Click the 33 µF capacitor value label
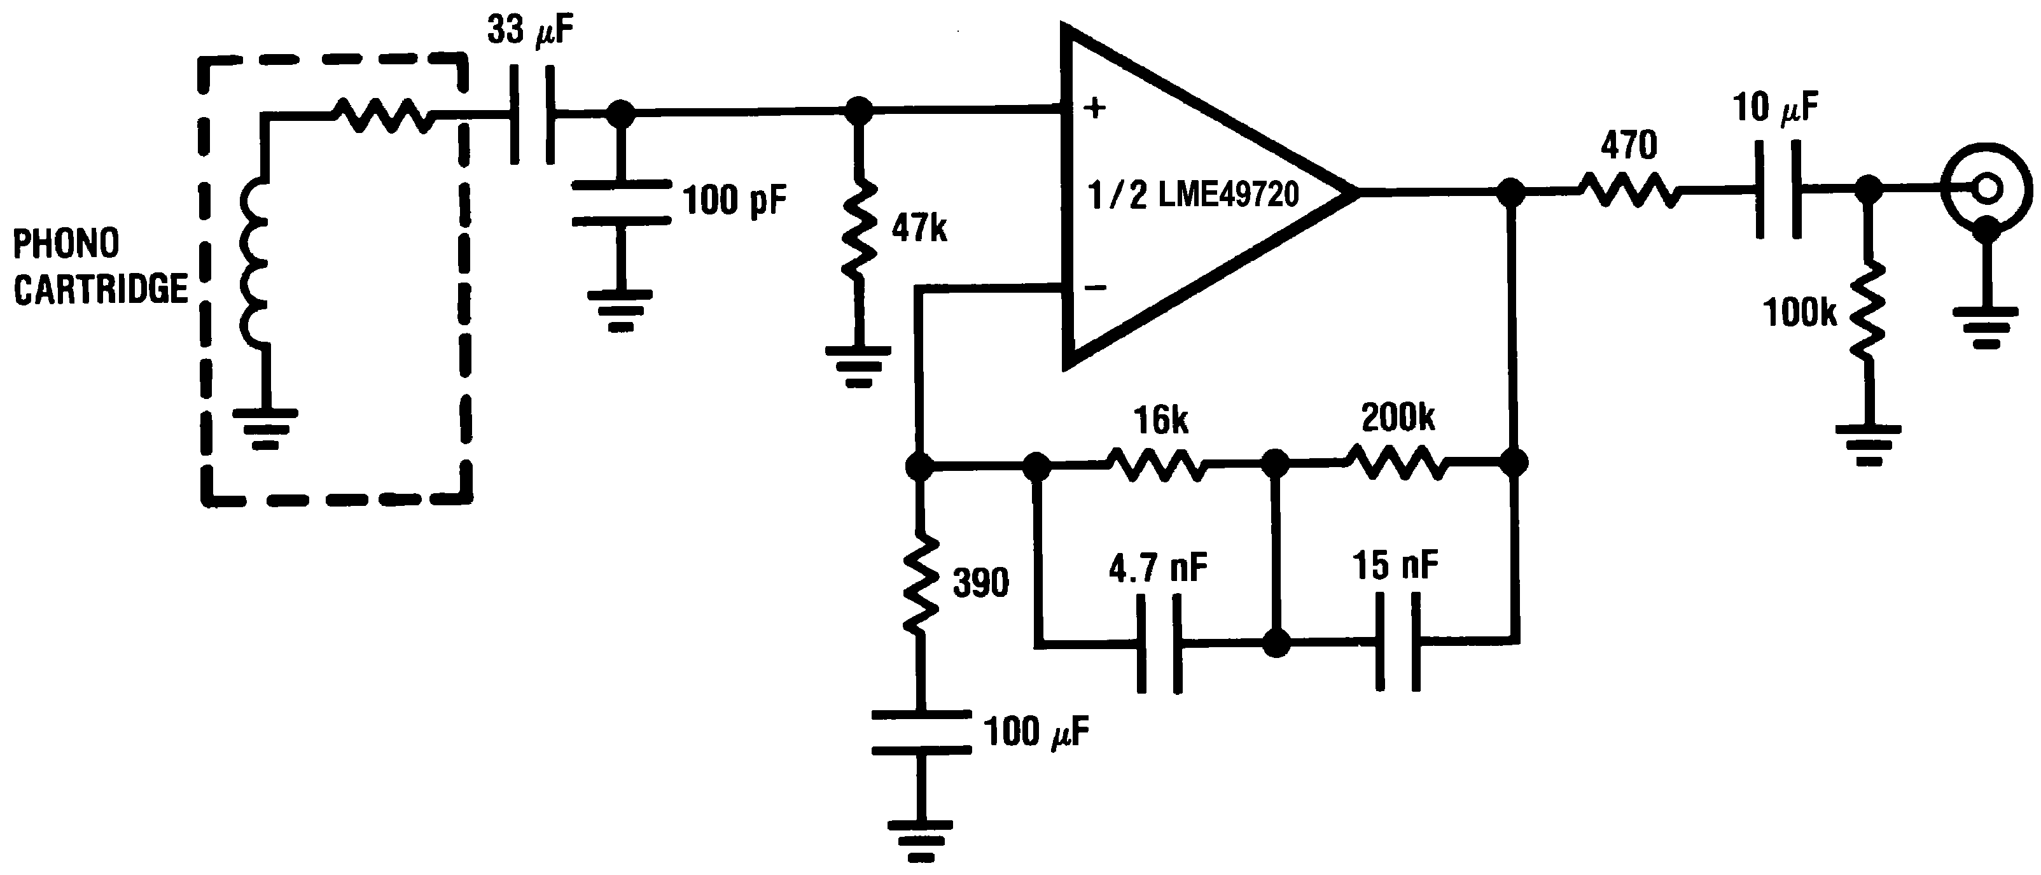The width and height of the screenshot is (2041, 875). pos(529,32)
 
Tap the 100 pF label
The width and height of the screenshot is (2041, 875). pos(734,200)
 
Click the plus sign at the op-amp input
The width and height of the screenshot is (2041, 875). pos(1094,108)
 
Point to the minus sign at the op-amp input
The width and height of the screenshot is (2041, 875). pos(1094,288)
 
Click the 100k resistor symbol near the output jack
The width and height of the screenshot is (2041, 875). pos(1869,313)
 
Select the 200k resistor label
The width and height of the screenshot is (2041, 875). pos(1398,417)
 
